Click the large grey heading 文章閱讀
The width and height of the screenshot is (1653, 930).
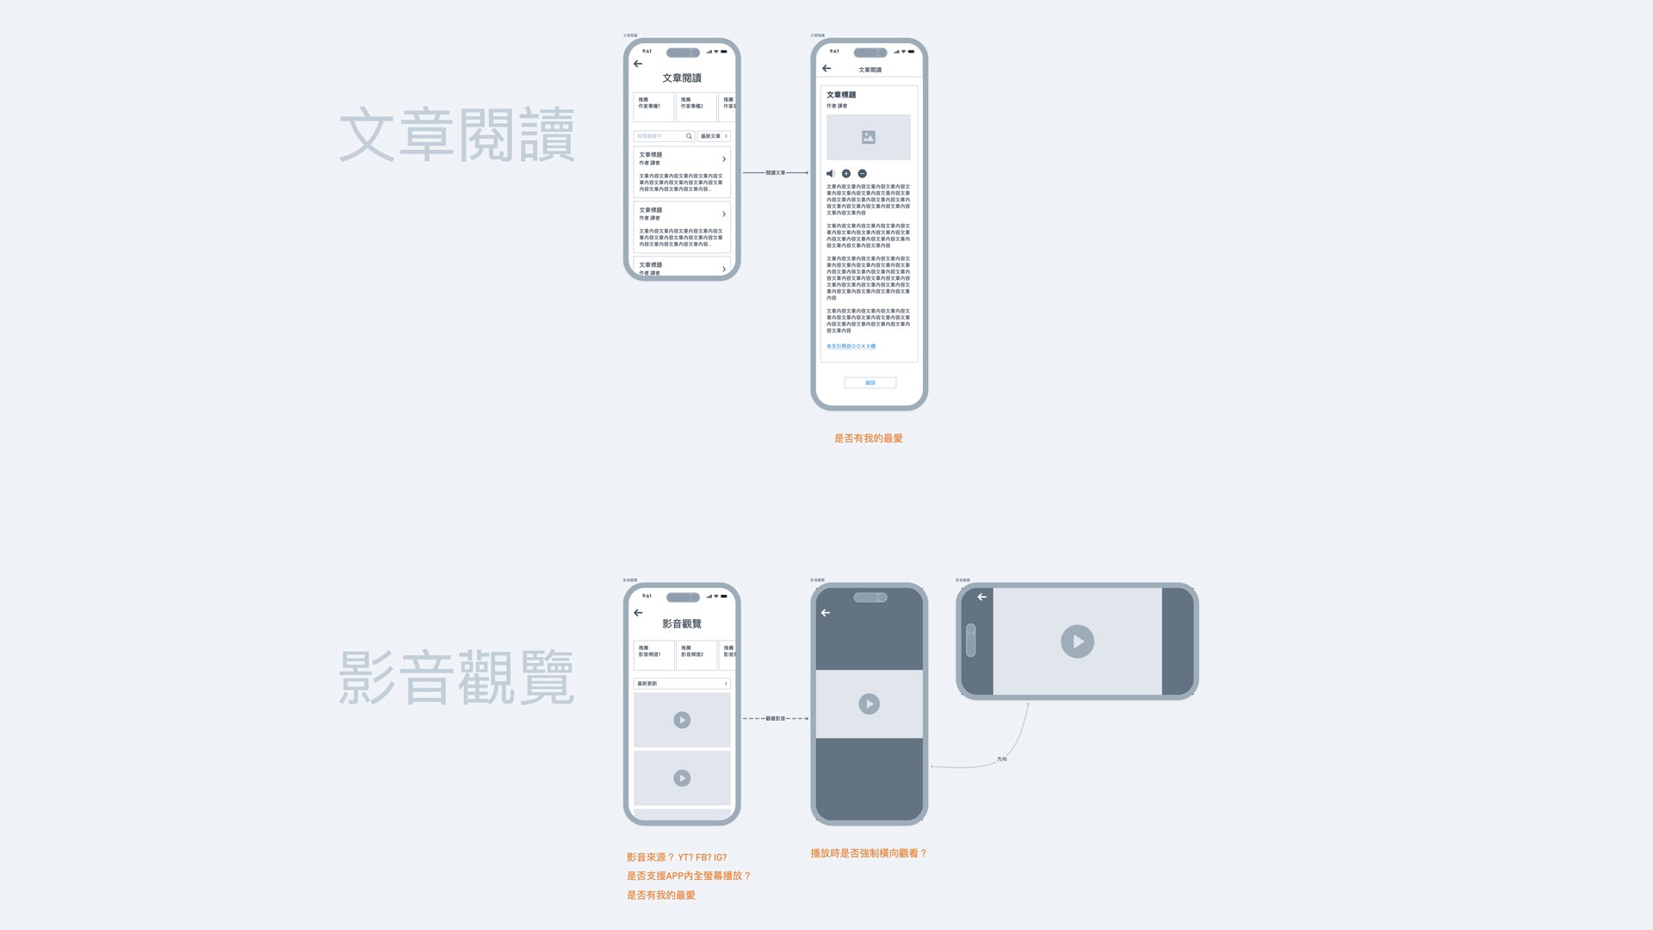pyautogui.click(x=456, y=135)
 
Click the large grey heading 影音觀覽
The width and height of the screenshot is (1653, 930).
pyautogui.click(x=456, y=678)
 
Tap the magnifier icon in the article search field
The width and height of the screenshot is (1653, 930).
pyautogui.click(x=689, y=136)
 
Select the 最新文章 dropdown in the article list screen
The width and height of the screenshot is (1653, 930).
pyautogui.click(x=714, y=136)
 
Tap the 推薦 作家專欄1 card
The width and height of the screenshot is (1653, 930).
pyautogui.click(x=653, y=107)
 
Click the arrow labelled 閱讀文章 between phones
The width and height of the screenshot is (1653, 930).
pyautogui.click(x=775, y=173)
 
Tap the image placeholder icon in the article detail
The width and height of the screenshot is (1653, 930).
pyautogui.click(x=869, y=137)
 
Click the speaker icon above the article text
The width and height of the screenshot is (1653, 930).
pyautogui.click(x=830, y=174)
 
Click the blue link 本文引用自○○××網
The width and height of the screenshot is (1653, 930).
pyautogui.click(x=851, y=346)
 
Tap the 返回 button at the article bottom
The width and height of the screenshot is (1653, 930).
pyautogui.click(x=870, y=382)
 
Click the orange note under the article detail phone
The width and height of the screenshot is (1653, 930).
pyautogui.click(x=868, y=438)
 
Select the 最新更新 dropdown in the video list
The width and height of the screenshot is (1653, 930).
pyautogui.click(x=682, y=684)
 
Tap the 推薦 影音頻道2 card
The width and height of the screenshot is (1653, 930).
pyautogui.click(x=696, y=654)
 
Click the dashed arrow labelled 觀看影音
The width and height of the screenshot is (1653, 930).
pyautogui.click(x=775, y=718)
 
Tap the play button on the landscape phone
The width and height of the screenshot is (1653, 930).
pyautogui.click(x=1077, y=642)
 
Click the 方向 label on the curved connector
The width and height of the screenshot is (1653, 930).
pyautogui.click(x=1001, y=759)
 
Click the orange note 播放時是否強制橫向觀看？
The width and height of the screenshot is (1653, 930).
pyautogui.click(x=868, y=853)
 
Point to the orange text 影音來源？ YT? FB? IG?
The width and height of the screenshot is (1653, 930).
pyautogui.click(x=677, y=858)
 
